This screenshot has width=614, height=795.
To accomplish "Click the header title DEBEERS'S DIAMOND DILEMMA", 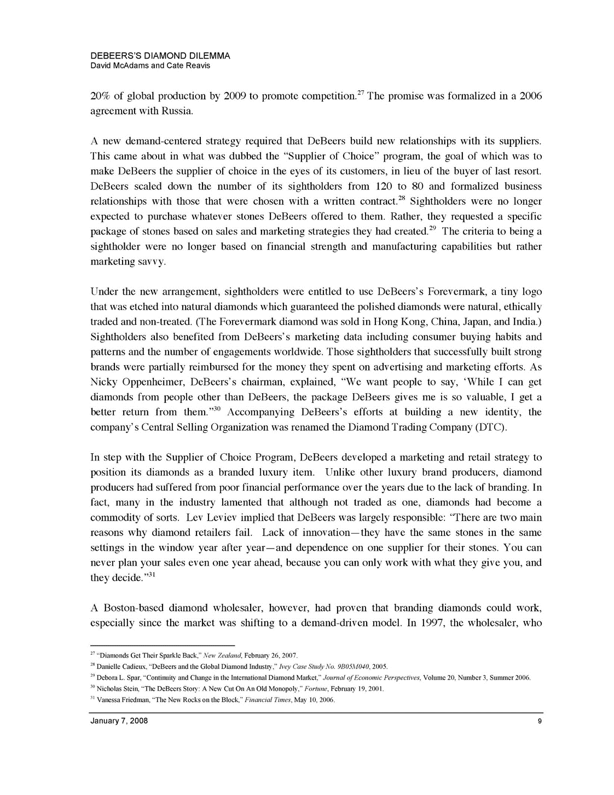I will click(160, 56).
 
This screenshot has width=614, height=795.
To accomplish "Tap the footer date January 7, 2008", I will click(119, 721).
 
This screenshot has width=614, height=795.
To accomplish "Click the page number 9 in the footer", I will click(540, 721).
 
